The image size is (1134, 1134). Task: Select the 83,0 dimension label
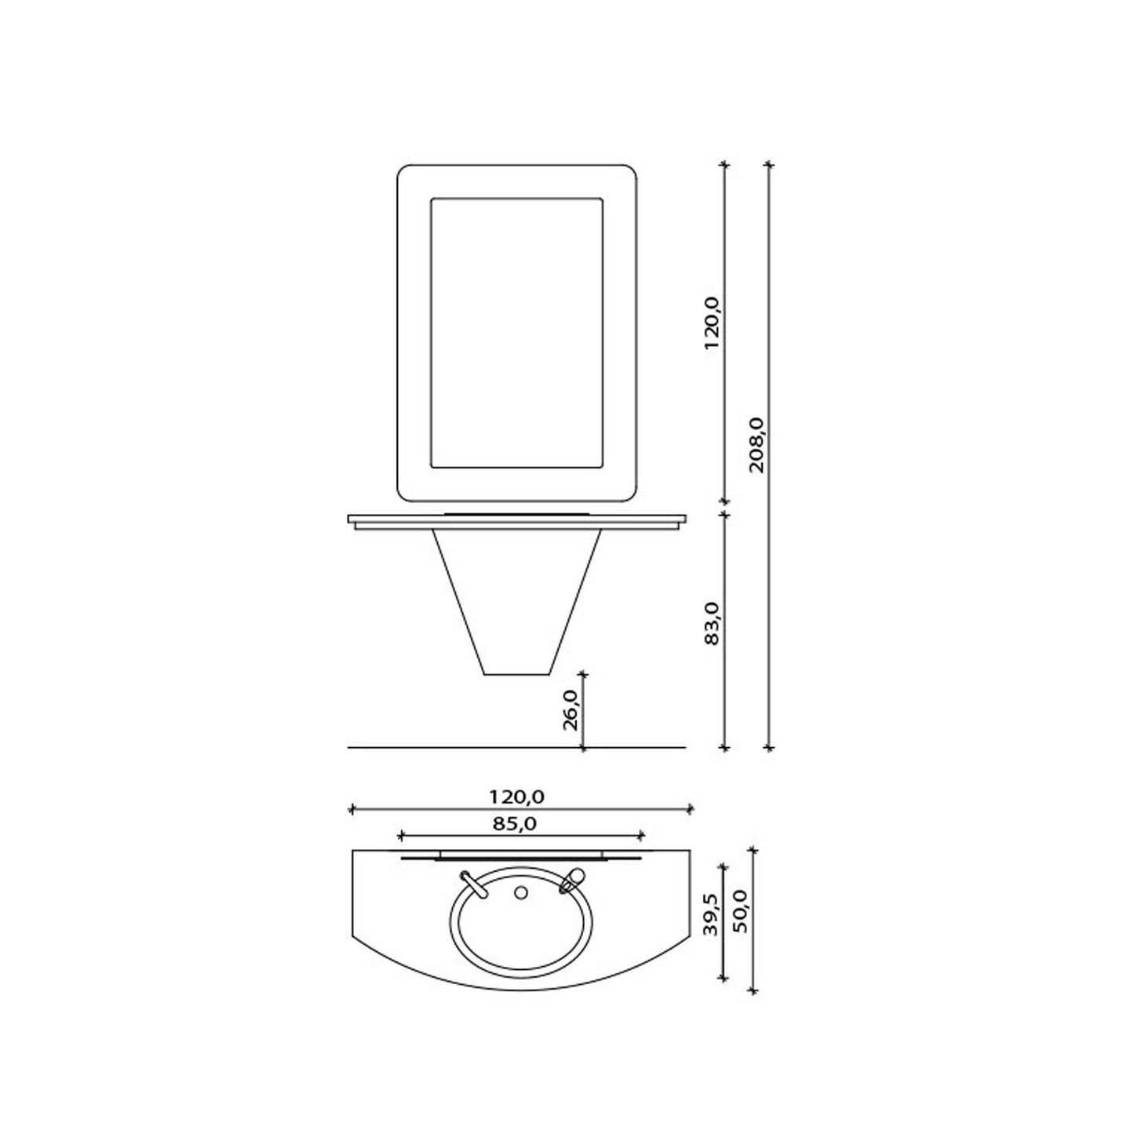click(x=712, y=624)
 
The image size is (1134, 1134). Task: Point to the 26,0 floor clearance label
click(x=571, y=709)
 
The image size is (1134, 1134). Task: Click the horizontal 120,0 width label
click(x=517, y=797)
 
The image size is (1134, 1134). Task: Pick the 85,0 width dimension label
click(x=514, y=824)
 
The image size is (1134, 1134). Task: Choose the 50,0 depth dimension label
click(x=741, y=911)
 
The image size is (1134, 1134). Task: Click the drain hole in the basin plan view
click(x=520, y=893)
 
